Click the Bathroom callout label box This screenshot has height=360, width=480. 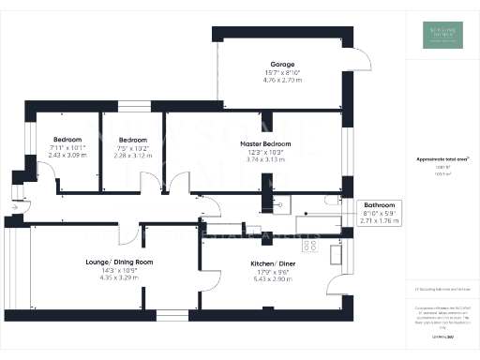click(381, 212)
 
